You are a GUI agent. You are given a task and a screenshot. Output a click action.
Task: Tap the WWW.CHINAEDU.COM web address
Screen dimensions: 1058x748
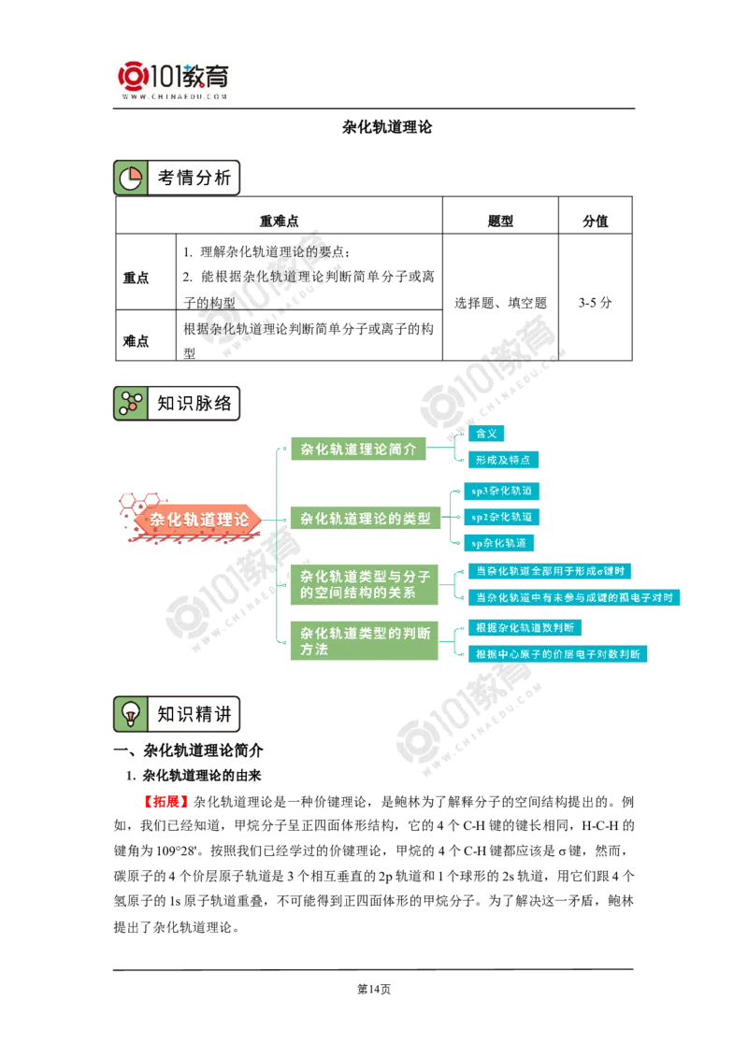point(174,96)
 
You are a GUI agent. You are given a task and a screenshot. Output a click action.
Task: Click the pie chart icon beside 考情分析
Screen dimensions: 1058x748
point(130,178)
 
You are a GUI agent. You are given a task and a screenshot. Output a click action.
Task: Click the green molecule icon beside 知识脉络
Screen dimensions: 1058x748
point(130,404)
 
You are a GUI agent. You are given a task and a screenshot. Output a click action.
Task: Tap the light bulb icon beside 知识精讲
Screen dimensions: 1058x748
point(130,714)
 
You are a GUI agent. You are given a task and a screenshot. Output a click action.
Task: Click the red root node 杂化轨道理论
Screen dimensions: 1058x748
point(199,520)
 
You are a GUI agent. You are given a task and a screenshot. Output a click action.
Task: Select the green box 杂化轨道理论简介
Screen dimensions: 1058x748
point(358,449)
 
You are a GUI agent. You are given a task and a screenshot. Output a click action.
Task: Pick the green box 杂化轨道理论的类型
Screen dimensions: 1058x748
point(365,518)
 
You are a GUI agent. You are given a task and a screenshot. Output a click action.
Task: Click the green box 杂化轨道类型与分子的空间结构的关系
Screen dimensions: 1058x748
point(365,584)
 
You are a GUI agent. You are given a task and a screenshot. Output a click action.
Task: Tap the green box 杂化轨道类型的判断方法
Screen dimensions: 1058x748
point(365,640)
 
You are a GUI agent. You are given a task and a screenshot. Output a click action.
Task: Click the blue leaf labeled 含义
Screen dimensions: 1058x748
point(486,434)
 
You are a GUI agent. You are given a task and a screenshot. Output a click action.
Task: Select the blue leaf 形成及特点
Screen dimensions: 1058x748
point(505,460)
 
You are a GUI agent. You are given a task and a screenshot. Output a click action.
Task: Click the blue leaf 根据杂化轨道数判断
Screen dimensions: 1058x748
point(524,627)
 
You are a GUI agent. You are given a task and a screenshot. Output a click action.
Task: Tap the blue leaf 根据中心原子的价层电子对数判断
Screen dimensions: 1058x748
point(557,654)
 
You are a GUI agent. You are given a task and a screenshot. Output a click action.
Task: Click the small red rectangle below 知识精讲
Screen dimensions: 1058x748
point(166,802)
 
